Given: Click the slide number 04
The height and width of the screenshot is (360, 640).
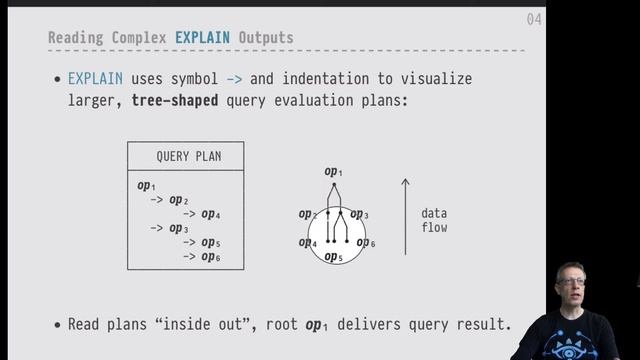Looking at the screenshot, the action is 534,20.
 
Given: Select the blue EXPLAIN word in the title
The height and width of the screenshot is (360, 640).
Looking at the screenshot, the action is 202,38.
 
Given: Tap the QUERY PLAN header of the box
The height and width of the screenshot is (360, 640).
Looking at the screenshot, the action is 189,157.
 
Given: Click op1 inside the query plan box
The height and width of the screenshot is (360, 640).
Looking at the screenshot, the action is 146,186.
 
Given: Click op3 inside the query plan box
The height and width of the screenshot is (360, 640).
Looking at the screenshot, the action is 179,229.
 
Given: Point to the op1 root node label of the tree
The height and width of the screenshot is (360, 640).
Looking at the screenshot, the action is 334,172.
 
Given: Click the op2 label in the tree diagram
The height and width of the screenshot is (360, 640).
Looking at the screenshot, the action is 307,214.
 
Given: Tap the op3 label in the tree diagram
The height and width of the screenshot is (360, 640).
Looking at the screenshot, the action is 360,214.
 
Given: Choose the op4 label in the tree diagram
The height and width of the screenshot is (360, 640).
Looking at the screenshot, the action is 307,243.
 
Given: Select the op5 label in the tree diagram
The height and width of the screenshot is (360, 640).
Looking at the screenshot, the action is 334,257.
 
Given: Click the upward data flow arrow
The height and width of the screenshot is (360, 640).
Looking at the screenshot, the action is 405,216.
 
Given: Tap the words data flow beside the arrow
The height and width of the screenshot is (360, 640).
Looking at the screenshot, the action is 433,220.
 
